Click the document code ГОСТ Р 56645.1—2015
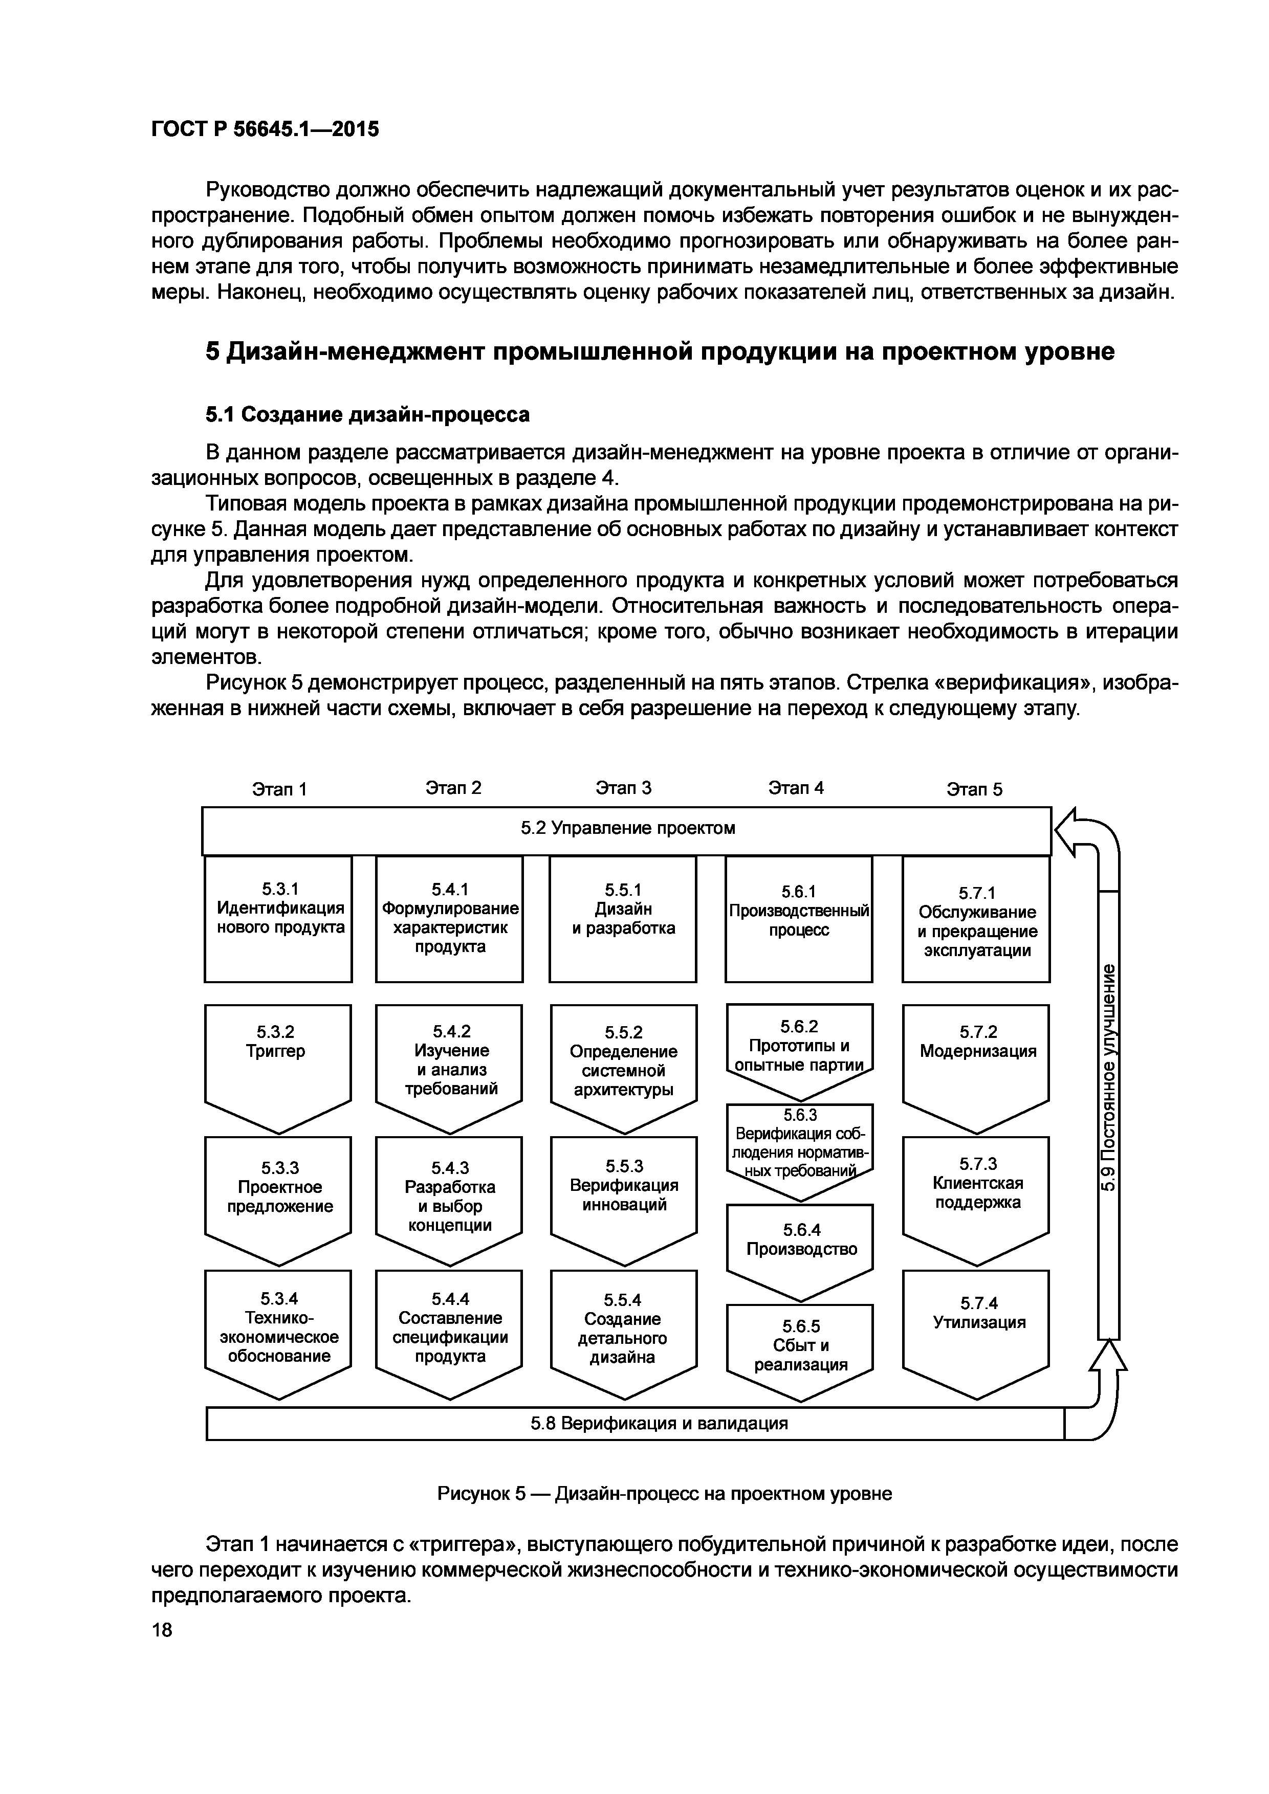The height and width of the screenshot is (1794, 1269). (264, 129)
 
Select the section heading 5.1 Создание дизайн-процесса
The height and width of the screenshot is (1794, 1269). (367, 414)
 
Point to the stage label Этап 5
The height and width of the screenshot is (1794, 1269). (974, 789)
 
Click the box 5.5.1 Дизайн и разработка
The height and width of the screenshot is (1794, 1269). (623, 918)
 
